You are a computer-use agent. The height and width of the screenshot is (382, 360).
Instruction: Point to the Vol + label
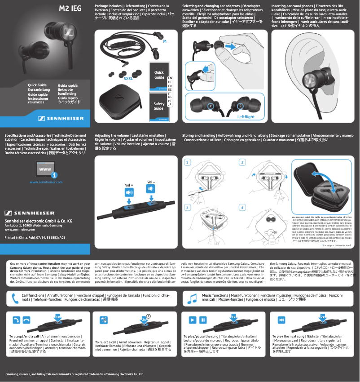pos(129,185)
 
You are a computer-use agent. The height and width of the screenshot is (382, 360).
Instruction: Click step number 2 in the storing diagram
pos(242,162)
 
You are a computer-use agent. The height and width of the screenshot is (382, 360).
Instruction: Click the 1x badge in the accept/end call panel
pos(58,317)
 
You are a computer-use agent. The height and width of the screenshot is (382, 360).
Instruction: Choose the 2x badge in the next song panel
pos(323,317)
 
